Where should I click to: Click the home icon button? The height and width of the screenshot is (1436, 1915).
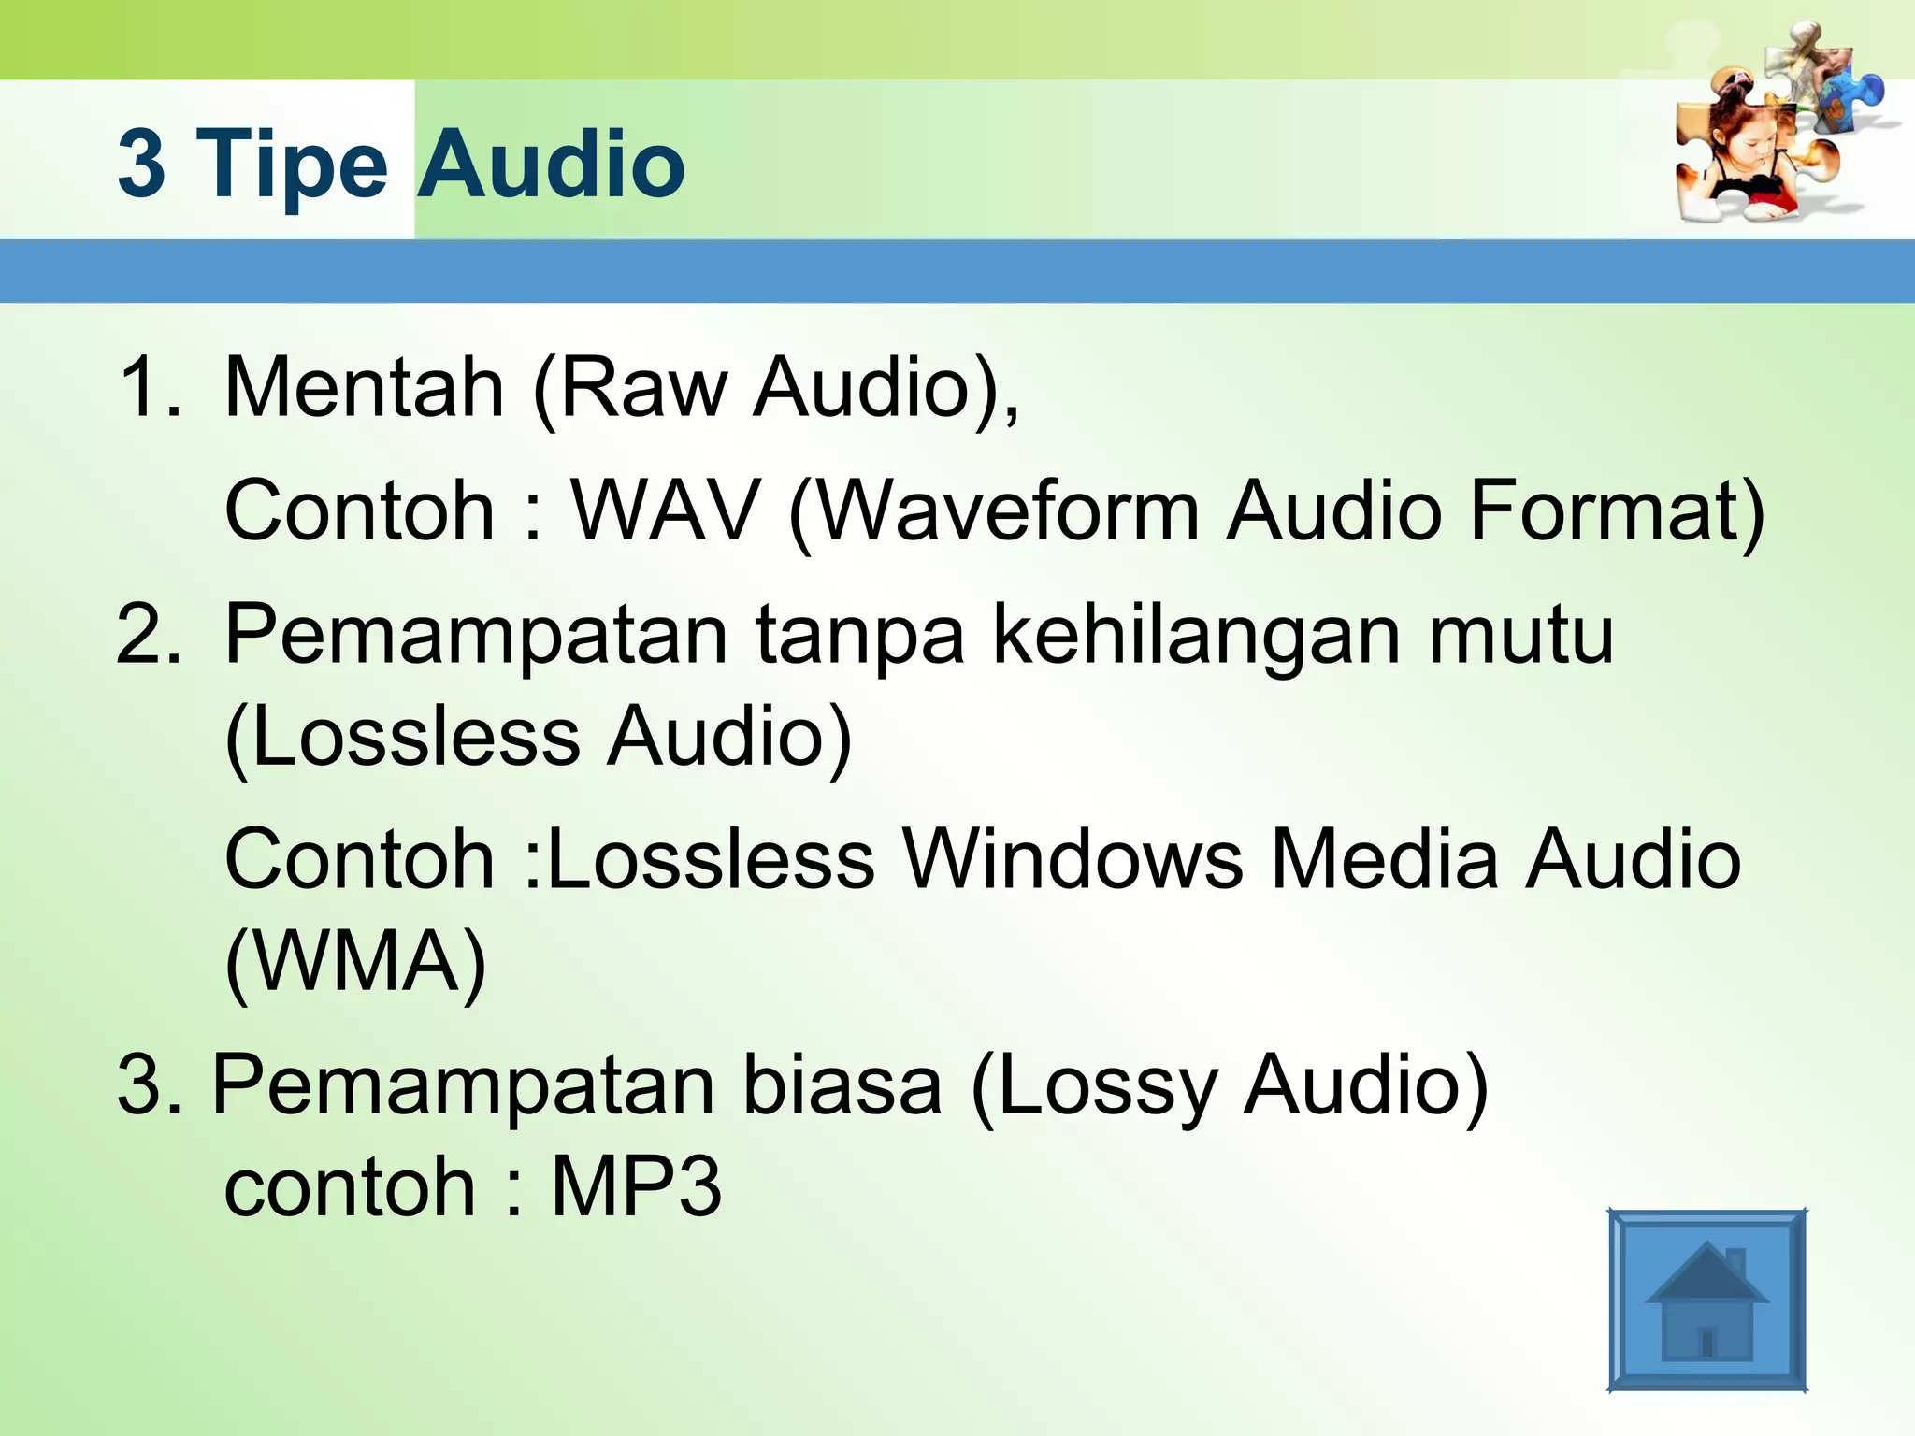click(1706, 1300)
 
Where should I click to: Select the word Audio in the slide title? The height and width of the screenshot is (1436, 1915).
click(551, 165)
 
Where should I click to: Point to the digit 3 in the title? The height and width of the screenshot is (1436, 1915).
click(141, 165)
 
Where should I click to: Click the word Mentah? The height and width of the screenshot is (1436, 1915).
click(365, 387)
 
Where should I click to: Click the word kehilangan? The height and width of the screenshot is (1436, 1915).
click(1197, 636)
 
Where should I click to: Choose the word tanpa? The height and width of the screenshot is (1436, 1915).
click(860, 636)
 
